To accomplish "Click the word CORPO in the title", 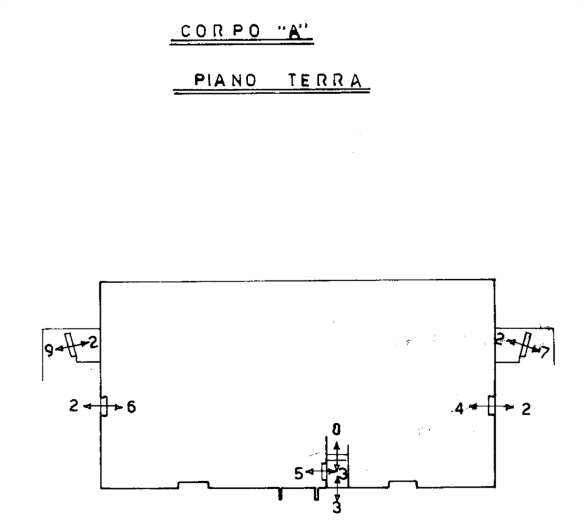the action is pos(221,31).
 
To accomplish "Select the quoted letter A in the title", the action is pos(294,32).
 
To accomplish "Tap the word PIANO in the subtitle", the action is pos(225,80).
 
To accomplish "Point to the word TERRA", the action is pos(325,81).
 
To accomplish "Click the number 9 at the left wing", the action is pos(49,350).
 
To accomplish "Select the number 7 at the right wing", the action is pos(544,352).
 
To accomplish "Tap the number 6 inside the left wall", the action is pos(131,408).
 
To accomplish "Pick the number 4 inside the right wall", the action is pos(459,409).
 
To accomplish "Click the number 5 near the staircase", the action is pos(298,474).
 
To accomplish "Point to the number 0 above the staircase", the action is pos(336,430).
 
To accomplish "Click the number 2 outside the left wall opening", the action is pos(74,405).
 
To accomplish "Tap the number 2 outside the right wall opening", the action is pos(526,409).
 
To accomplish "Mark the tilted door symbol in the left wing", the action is pos(70,344).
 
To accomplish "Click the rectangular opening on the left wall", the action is pos(104,406).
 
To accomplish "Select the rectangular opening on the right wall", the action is pos(492,405).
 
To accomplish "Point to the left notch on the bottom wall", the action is pos(193,485).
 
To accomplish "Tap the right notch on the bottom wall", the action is pos(402,484).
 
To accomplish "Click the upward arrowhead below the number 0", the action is pos(336,446).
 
